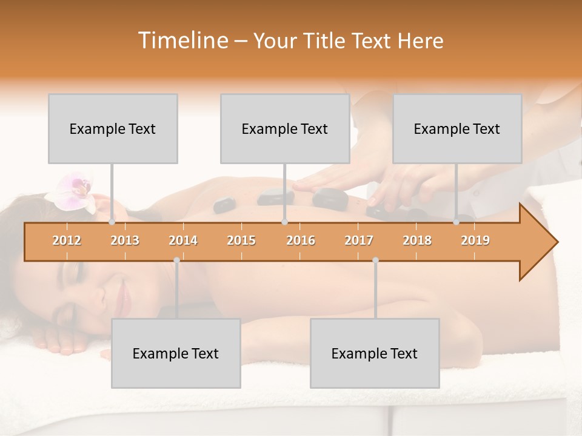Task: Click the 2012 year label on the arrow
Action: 67,240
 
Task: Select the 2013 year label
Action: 125,240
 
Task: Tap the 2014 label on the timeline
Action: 183,240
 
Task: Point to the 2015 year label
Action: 241,240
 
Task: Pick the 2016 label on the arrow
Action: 301,240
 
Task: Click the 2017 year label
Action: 359,240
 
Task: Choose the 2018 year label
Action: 417,240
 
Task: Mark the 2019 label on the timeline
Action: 475,240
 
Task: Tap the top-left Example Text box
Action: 113,128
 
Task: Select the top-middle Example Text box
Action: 285,128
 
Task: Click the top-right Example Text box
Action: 457,128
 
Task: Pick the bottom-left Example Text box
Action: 176,353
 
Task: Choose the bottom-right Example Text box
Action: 375,353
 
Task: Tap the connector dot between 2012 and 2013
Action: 112,222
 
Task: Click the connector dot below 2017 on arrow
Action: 375,260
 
